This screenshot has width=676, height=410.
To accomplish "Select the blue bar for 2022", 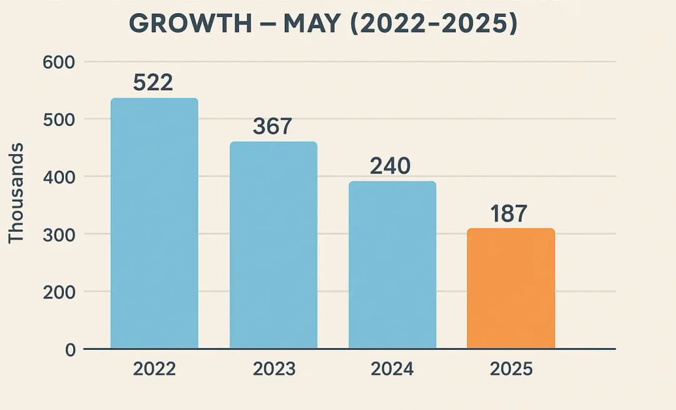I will [x=154, y=223].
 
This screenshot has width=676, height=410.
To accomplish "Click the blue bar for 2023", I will [x=273, y=245].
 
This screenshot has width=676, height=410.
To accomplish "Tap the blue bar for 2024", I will [x=392, y=265].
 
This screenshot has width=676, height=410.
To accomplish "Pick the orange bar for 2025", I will [x=511, y=288].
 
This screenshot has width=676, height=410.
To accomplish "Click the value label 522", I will [x=153, y=83].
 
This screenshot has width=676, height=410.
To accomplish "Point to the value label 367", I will [x=272, y=126].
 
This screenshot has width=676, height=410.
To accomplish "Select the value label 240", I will [x=390, y=166].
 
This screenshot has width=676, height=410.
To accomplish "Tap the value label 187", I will [x=508, y=213].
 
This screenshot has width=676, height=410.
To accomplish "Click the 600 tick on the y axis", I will [x=59, y=62].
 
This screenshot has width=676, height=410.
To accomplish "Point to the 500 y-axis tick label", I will [x=59, y=120].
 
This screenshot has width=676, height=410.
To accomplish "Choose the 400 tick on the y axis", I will [x=59, y=177].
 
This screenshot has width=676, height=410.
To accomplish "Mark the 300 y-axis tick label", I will [x=59, y=234].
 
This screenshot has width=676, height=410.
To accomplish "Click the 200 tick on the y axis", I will [x=59, y=292].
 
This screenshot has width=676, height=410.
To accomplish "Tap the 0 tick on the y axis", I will [x=69, y=349].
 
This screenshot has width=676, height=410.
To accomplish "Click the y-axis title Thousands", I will [x=16, y=193].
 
